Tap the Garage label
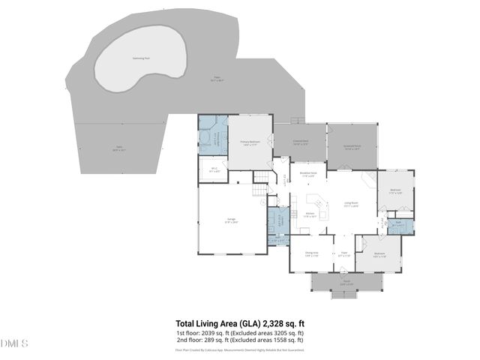pyautogui.click(x=232, y=220)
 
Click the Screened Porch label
pyautogui.click(x=352, y=148)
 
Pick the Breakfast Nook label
pyautogui.click(x=308, y=175)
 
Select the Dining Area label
pyautogui.click(x=312, y=253)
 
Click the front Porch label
pyautogui.click(x=346, y=284)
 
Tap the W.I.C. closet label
pyautogui.click(x=213, y=169)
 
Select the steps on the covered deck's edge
pyautogui.click(x=298, y=120)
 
